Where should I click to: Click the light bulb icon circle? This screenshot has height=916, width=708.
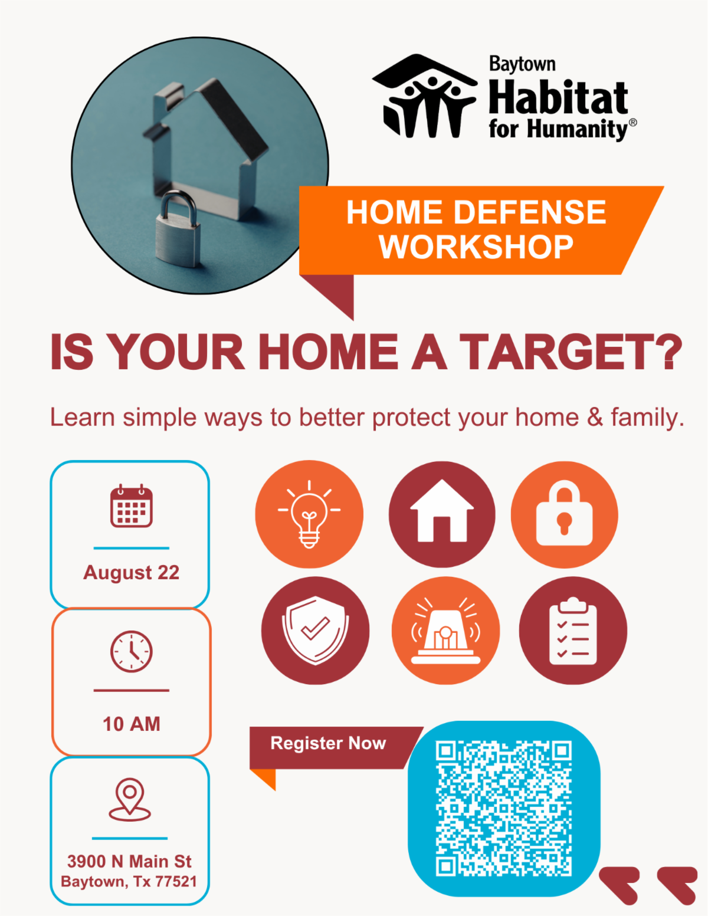(x=309, y=514)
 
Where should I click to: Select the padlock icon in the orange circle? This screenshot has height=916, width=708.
(x=564, y=513)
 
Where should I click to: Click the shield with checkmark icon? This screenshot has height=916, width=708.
(x=315, y=630)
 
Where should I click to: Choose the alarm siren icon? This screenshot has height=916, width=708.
(x=445, y=631)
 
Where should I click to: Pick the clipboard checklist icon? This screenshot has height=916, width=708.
(x=573, y=631)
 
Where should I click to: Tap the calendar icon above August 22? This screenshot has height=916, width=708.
(x=131, y=505)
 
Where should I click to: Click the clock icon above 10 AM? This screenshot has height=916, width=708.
(x=131, y=652)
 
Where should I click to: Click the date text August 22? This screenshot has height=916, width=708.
(x=131, y=573)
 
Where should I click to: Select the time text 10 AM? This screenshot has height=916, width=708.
(x=131, y=724)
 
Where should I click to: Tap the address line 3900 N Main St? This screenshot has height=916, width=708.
(x=129, y=862)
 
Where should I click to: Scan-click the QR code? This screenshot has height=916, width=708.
(x=503, y=809)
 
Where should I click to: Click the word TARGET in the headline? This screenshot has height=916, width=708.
(x=571, y=352)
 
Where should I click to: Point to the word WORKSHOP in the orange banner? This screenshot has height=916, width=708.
(x=476, y=247)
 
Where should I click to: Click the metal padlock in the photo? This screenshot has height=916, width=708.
(x=178, y=229)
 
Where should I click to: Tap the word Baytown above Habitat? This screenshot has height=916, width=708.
(x=522, y=64)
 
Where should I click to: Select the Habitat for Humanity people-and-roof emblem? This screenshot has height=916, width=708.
(x=425, y=96)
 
